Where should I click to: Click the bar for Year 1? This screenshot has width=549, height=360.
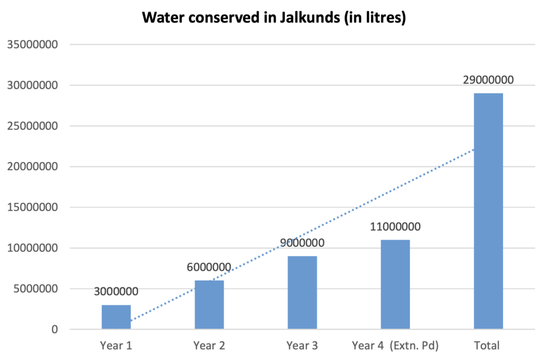(116, 317)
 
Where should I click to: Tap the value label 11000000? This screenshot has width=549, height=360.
(395, 226)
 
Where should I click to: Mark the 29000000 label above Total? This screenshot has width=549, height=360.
(488, 80)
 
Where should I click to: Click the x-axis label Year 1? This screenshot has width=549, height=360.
(116, 345)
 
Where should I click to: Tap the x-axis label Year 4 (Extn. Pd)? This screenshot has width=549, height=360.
(395, 345)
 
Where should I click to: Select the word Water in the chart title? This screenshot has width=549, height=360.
(161, 18)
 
